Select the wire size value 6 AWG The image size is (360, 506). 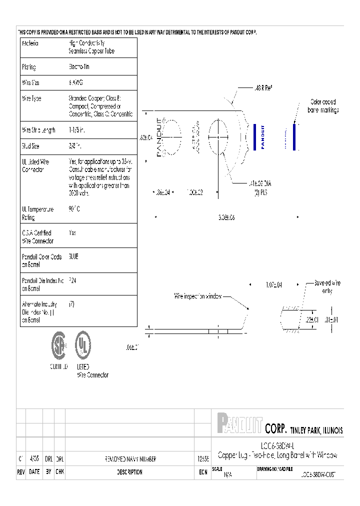click(x=76, y=83)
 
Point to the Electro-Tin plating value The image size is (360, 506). click(x=79, y=66)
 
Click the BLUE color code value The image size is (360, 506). click(x=73, y=256)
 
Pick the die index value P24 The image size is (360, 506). click(x=72, y=281)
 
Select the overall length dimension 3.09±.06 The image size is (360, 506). click(x=226, y=217)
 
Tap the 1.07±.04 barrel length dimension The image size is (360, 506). click(x=273, y=284)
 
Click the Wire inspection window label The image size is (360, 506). click(x=197, y=296)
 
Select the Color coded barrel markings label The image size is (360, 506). click(x=323, y=105)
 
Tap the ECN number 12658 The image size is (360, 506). click(x=202, y=459)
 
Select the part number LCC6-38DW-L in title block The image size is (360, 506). click(x=277, y=445)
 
